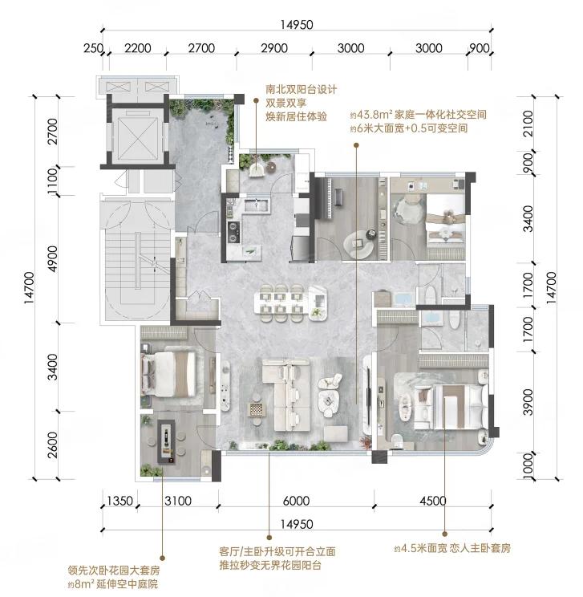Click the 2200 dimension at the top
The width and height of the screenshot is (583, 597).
[138, 48]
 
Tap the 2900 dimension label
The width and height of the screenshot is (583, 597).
[274, 48]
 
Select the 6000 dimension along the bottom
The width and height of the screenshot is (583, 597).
[296, 501]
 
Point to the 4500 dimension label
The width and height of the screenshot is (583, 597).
[433, 501]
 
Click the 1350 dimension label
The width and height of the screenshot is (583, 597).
[119, 501]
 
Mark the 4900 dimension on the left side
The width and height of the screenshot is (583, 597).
[52, 259]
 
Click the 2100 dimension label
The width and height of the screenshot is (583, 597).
[528, 124]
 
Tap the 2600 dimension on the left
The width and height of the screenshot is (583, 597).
[52, 445]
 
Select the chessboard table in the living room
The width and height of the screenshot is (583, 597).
[254, 410]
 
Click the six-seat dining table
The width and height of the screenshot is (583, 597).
[281, 298]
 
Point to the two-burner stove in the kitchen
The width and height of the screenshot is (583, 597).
[233, 231]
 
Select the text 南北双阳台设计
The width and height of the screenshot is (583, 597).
[301, 90]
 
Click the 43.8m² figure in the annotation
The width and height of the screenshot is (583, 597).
[371, 114]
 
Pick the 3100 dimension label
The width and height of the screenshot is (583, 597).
[178, 501]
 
